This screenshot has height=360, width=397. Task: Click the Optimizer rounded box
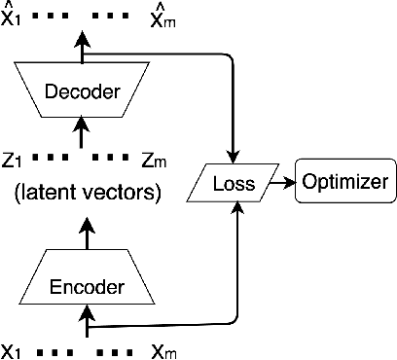pyautogui.click(x=344, y=182)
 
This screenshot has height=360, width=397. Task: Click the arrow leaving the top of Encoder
pyautogui.click(x=88, y=234)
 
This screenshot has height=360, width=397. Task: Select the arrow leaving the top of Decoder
pyautogui.click(x=88, y=44)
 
